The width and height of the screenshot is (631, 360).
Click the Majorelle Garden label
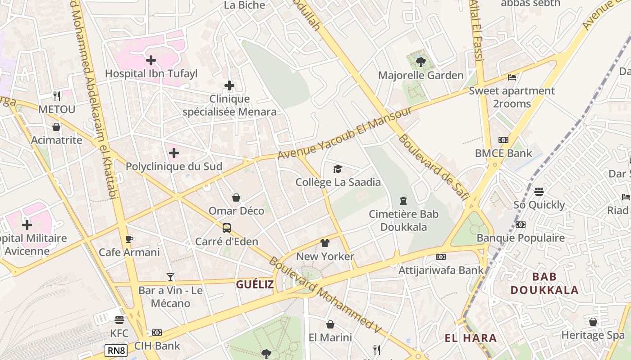pyautogui.click(x=421, y=75)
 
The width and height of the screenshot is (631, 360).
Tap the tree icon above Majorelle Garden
pyautogui.click(x=421, y=62)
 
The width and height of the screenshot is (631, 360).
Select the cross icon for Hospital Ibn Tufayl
pyautogui.click(x=151, y=60)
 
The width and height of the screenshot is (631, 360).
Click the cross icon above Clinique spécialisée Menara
pyautogui.click(x=229, y=85)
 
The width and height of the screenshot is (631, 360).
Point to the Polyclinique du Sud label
pyautogui.click(x=174, y=166)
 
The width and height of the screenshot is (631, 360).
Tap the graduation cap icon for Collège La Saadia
pyautogui.click(x=338, y=169)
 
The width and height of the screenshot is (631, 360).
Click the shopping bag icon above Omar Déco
pyautogui.click(x=236, y=198)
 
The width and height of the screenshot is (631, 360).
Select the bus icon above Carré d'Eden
pyautogui.click(x=227, y=228)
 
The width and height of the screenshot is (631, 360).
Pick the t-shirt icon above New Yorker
pyautogui.click(x=325, y=243)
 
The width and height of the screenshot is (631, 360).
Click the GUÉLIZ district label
pyautogui.click(x=255, y=284)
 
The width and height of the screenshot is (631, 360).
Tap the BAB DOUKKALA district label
pyautogui.click(x=544, y=283)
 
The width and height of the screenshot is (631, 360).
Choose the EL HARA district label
pyautogui.click(x=471, y=338)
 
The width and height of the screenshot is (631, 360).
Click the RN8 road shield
pyautogui.click(x=116, y=351)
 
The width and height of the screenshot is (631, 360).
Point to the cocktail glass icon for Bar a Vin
pyautogui.click(x=170, y=277)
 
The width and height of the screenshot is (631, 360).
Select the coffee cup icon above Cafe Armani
pyautogui.click(x=129, y=239)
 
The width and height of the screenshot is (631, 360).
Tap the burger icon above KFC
pyautogui.click(x=119, y=320)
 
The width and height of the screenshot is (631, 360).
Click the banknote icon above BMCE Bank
pyautogui.click(x=503, y=140)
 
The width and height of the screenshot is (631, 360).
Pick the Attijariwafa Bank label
pyautogui.click(x=441, y=270)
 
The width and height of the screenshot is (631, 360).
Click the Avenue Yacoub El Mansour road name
pyautogui.click(x=344, y=133)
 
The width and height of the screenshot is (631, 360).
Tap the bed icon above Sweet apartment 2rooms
pyautogui.click(x=512, y=77)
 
